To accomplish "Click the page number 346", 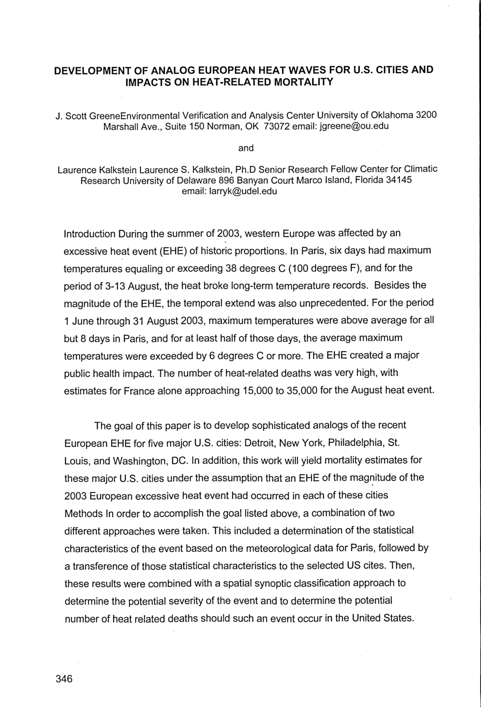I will tap(63, 679).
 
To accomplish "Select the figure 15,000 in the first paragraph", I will tap(260, 391).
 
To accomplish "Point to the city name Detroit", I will tap(260, 442).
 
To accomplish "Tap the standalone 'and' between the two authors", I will tap(246, 148).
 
